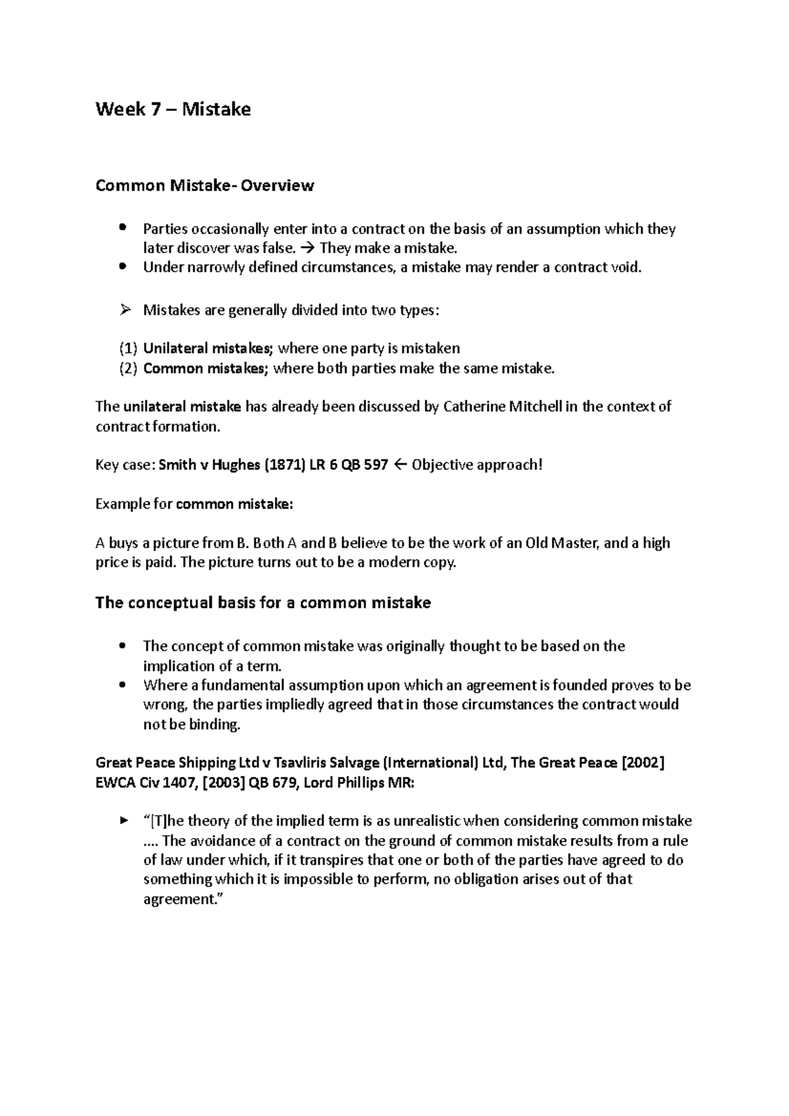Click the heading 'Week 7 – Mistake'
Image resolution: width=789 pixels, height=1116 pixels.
pos(173,109)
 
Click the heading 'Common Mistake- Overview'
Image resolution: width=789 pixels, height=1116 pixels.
pos(204,186)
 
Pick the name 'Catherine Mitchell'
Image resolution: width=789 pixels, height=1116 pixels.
pos(503,407)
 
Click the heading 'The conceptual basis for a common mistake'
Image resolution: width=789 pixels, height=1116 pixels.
pos(263,603)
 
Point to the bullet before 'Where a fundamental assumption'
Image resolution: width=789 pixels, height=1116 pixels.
pos(123,685)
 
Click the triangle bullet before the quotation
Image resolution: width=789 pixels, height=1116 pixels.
pos(124,821)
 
